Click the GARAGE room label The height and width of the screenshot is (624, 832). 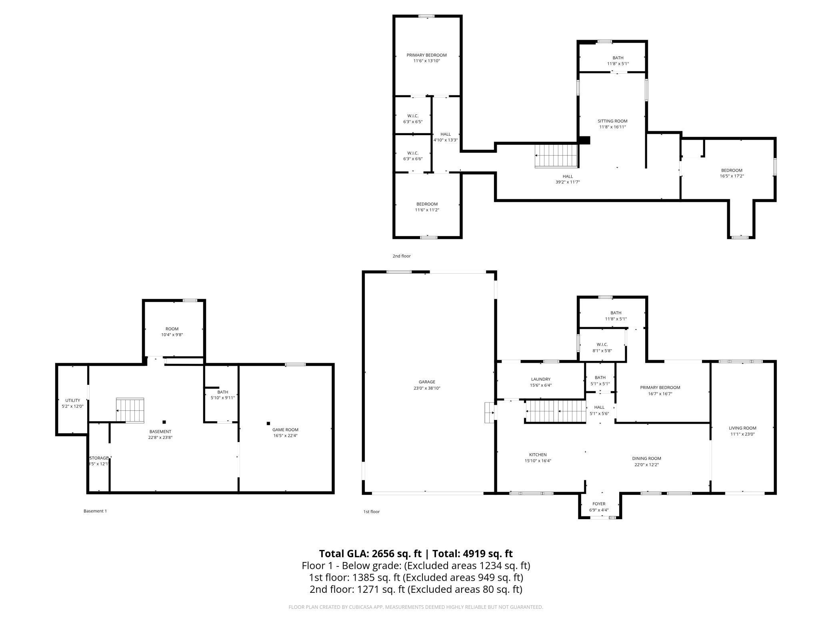(427, 382)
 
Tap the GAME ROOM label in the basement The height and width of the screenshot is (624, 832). (286, 430)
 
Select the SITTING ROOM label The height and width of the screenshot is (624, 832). (612, 121)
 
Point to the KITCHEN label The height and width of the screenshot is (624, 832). (538, 455)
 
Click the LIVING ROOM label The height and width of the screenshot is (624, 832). (742, 428)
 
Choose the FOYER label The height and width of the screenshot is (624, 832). (599, 504)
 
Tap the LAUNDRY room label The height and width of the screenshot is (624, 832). (541, 379)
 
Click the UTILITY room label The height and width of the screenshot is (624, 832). (73, 400)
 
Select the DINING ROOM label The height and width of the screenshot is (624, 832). (646, 458)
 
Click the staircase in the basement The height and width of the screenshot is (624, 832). (130, 410)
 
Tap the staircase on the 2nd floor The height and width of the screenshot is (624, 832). (556, 156)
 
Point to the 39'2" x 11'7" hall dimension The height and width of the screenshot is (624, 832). (568, 182)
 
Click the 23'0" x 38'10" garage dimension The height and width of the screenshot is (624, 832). (427, 388)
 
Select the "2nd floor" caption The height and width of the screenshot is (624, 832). (402, 256)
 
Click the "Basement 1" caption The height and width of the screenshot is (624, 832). (95, 511)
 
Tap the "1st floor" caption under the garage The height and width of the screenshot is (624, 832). (371, 512)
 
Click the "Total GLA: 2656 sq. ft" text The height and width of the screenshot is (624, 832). (370, 554)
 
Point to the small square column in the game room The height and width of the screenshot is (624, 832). (268, 423)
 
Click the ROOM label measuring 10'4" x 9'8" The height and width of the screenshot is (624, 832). (172, 329)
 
